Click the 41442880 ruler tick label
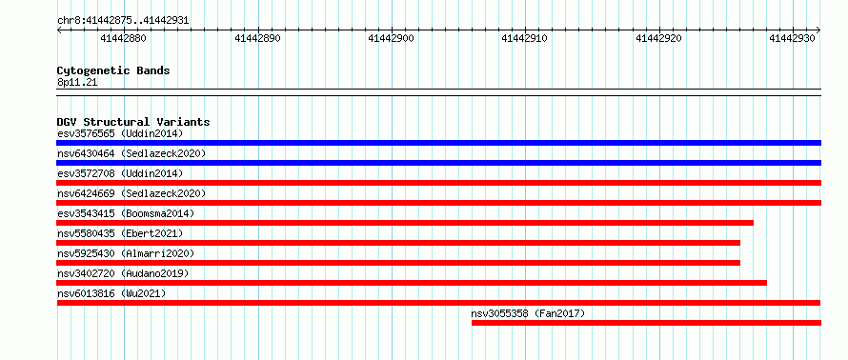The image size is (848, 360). (x=123, y=38)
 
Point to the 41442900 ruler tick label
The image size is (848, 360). (x=391, y=38)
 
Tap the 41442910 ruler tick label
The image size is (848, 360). (x=524, y=38)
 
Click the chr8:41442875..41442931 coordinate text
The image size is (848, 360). (x=123, y=21)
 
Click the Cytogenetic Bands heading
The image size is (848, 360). (x=113, y=70)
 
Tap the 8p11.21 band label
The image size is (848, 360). (x=77, y=83)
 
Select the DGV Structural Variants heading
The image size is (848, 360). (x=133, y=122)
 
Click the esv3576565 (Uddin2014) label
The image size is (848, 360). (x=120, y=133)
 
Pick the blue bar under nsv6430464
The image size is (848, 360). (x=438, y=163)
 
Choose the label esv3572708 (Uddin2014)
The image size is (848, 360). (x=120, y=173)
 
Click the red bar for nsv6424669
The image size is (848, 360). (x=438, y=203)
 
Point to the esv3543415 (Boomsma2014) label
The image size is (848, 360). (x=126, y=213)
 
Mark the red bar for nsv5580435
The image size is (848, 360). (x=398, y=243)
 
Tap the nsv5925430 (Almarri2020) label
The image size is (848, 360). (x=126, y=253)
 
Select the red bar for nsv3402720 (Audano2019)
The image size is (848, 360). (x=412, y=283)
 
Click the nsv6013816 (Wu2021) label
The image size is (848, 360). (x=111, y=293)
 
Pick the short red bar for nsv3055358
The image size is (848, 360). (x=646, y=323)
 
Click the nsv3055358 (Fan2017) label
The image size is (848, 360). (x=528, y=313)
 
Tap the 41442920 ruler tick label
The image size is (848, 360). (x=657, y=38)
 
